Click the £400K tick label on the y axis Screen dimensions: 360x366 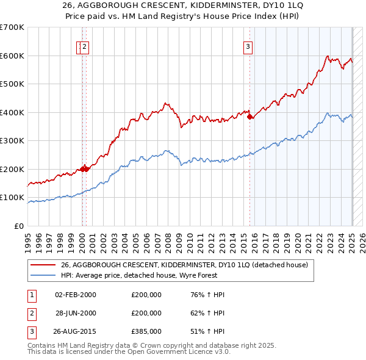tap(12, 112)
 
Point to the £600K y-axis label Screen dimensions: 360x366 tap(12, 56)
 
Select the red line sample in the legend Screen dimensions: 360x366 tap(44, 265)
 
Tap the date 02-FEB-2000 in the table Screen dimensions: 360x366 tap(76, 295)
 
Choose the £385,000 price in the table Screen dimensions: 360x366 tap(146, 331)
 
